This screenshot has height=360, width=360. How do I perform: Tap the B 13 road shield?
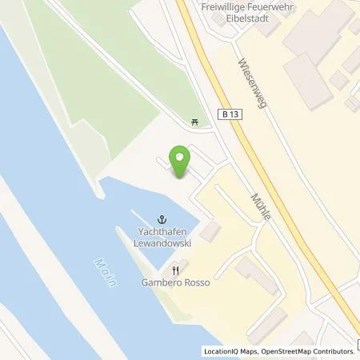pyautogui.click(x=230, y=114)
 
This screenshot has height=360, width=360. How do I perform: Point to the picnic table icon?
pyautogui.click(x=195, y=122)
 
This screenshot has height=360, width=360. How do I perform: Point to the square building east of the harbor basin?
pyautogui.click(x=210, y=232)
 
